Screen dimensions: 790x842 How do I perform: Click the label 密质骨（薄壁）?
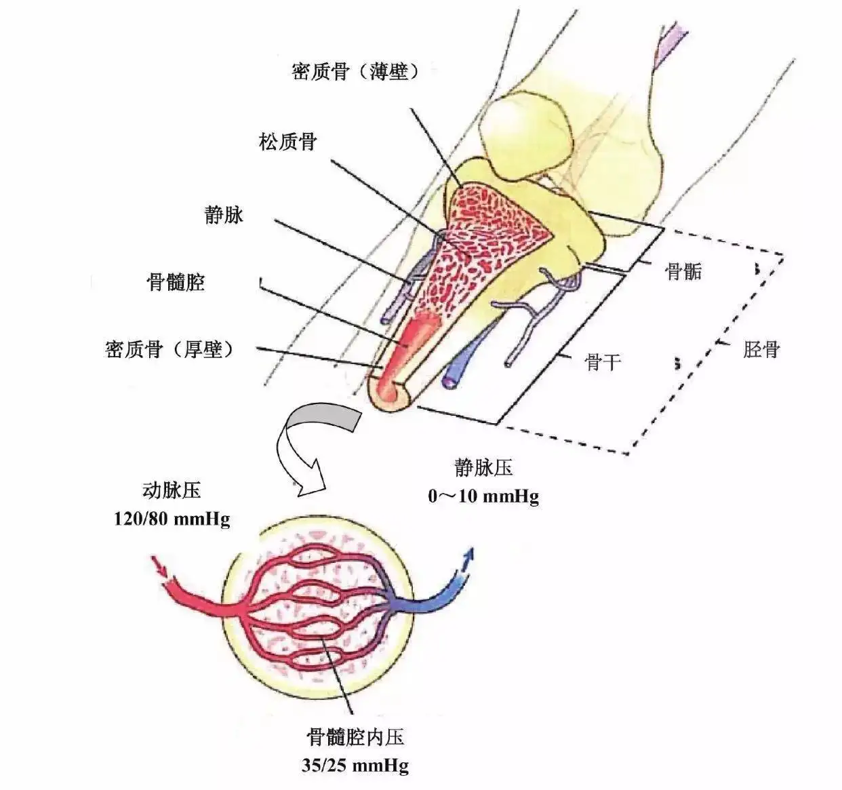355,72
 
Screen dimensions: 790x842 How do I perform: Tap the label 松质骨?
287,142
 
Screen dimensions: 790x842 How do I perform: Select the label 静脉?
224,215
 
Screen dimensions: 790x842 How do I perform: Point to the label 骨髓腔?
176,282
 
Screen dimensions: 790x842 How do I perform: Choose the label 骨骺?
683,272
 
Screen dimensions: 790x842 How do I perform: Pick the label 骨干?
603,362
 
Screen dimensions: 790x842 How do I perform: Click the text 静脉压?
483,467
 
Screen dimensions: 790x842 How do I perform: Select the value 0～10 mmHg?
483,496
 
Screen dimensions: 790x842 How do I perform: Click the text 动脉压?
172,490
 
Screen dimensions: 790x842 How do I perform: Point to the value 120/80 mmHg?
172,519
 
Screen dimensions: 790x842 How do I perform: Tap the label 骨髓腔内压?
356,736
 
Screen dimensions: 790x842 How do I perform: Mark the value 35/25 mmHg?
356,766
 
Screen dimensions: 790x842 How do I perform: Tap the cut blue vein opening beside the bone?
449,381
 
